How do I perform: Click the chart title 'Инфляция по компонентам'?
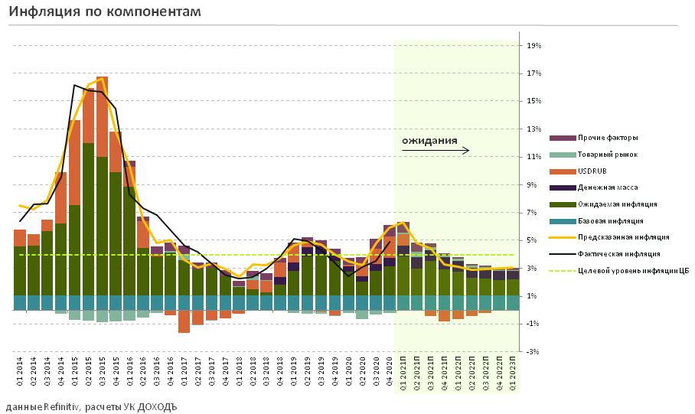(x=106, y=12)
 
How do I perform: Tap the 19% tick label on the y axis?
(x=534, y=46)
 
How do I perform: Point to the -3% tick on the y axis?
(x=534, y=351)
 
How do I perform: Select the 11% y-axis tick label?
(x=534, y=157)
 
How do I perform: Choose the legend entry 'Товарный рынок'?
(x=607, y=155)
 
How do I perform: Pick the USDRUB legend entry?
(x=592, y=171)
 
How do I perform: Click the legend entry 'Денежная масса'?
(x=608, y=187)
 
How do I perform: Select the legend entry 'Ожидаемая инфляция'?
(x=617, y=204)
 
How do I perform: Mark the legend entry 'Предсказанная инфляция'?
(x=623, y=237)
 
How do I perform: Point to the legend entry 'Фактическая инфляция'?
(x=618, y=253)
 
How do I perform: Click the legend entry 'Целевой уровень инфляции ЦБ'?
(x=632, y=270)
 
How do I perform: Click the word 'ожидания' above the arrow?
(x=429, y=141)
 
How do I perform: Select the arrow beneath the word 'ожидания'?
(x=435, y=152)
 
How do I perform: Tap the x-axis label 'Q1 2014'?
(x=20, y=373)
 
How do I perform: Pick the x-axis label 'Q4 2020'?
(x=390, y=373)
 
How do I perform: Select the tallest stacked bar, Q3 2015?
(x=102, y=191)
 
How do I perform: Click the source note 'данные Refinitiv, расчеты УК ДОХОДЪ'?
(x=91, y=406)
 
